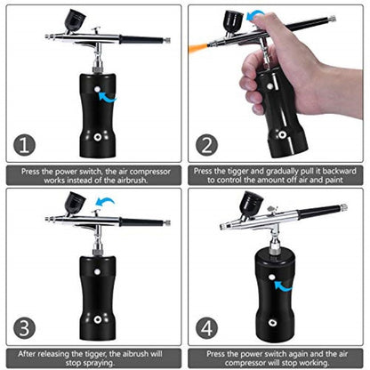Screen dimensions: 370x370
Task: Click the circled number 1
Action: (x=28, y=146)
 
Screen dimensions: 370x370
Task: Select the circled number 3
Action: (x=28, y=327)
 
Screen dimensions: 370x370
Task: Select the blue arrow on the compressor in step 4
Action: (x=284, y=286)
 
